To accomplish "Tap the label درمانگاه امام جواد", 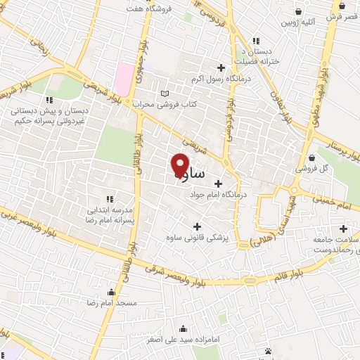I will (x=217, y=195).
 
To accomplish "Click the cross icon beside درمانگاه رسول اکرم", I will (x=221, y=68).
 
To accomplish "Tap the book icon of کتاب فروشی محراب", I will (x=165, y=93).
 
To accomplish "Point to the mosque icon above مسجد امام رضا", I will (x=110, y=292).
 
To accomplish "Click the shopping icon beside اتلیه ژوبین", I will (x=300, y=11).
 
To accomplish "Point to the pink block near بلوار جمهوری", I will (x=124, y=78).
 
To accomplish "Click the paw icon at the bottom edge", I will (x=269, y=351).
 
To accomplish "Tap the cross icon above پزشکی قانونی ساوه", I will (x=197, y=226).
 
